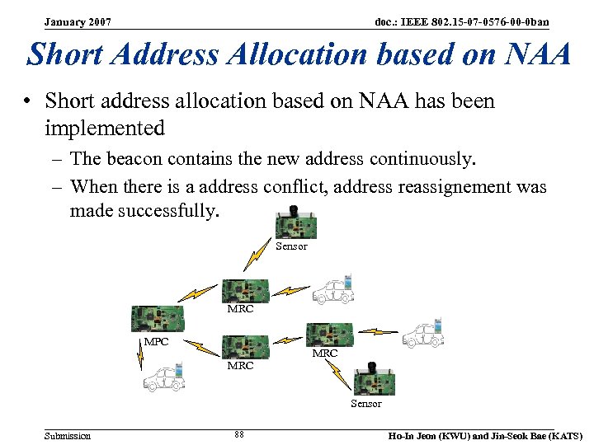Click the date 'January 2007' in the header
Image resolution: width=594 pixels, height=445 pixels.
pos(78,21)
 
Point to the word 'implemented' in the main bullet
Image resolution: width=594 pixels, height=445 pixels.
pos(105,128)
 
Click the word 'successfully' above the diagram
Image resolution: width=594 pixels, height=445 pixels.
pos(169,211)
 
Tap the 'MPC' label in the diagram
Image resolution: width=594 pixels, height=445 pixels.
pos(156,341)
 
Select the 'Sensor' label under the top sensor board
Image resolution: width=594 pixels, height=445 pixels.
pos(291,246)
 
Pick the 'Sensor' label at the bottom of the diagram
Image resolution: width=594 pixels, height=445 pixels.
pos(365,403)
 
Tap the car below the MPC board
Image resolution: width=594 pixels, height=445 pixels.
pos(163,377)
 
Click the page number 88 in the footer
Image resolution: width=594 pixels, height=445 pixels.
pos(239,435)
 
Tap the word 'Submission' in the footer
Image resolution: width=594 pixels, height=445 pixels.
pos(68,435)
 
